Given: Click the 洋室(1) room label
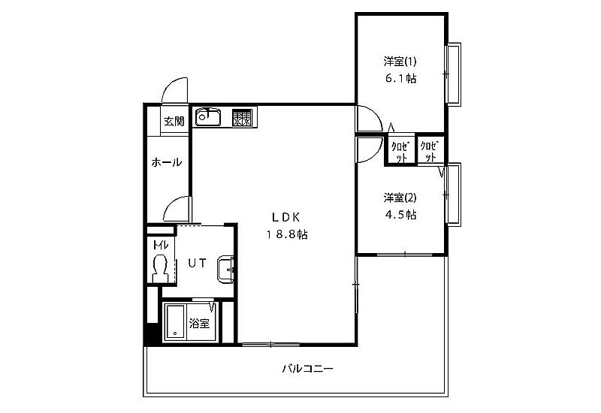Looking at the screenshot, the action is [x=400, y=62].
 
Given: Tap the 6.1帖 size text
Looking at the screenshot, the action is [x=400, y=79].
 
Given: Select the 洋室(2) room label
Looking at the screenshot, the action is [x=400, y=197].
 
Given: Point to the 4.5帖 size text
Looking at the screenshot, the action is [x=400, y=215].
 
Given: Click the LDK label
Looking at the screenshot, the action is [x=286, y=217].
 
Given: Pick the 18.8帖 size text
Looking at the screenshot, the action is [x=287, y=234].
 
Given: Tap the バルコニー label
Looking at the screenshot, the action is [x=308, y=369].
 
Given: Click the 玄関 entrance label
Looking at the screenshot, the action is [x=174, y=121].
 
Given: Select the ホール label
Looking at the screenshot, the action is [x=166, y=162].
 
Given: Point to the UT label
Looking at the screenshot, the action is [x=197, y=263].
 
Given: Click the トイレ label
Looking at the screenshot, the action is [x=160, y=245].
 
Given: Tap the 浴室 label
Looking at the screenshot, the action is [x=199, y=324].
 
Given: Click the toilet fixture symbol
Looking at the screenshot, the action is [x=160, y=269].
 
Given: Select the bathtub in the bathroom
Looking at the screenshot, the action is [x=175, y=322].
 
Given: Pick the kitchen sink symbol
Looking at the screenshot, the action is [x=208, y=117].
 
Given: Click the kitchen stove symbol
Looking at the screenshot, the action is [x=242, y=118].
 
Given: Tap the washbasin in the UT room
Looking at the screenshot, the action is [x=226, y=270].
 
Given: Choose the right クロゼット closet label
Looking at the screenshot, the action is [x=429, y=152].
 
